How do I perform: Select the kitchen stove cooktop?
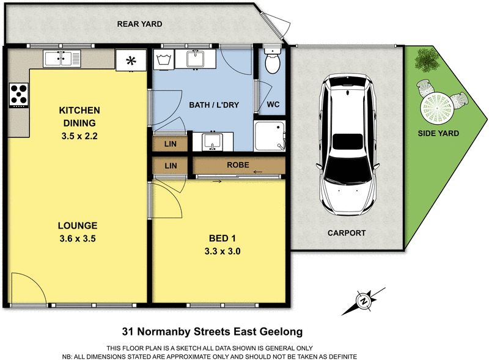[18, 94]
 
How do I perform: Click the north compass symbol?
[364, 301]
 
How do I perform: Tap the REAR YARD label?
[140, 24]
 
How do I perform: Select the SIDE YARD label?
[438, 133]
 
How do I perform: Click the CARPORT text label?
[346, 233]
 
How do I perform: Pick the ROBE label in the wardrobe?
[238, 165]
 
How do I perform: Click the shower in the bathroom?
[270, 135]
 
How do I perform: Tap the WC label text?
[273, 105]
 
